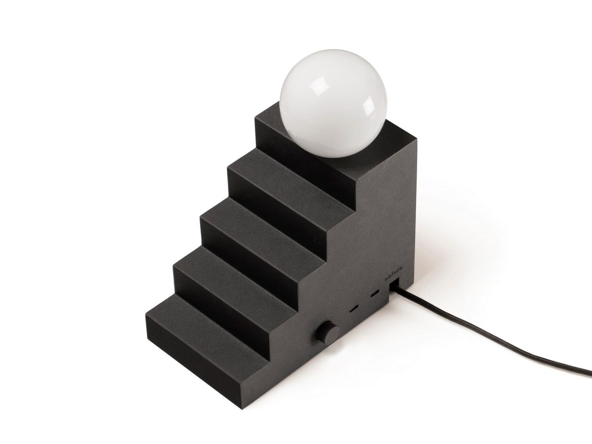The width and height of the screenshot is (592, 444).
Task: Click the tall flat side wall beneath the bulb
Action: pyautogui.click(x=386, y=210)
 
